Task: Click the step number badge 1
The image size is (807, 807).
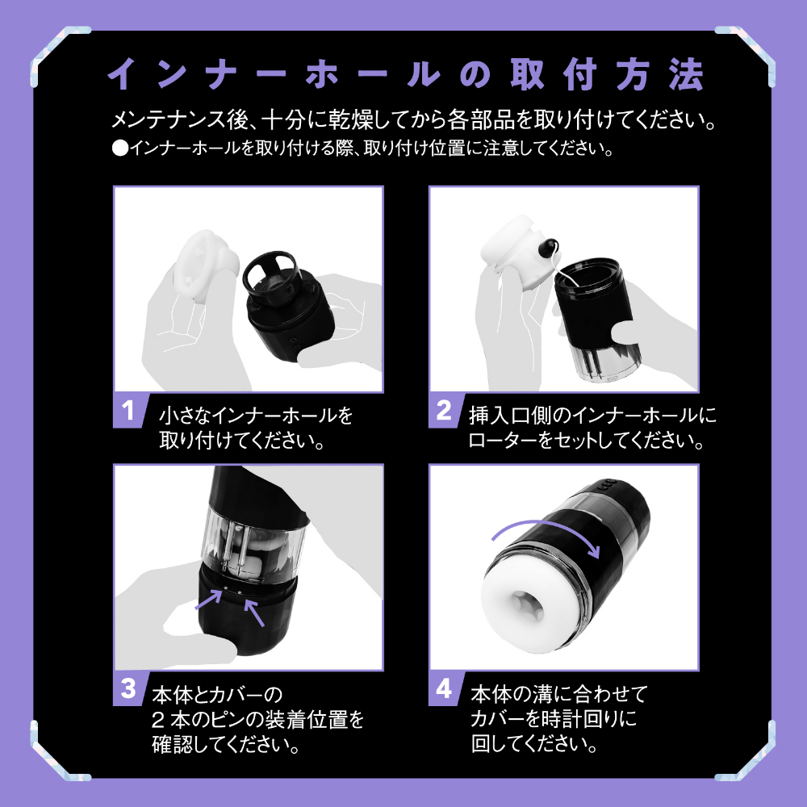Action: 127,410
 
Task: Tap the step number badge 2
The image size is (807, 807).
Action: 443,410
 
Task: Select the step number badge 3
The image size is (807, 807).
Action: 127,688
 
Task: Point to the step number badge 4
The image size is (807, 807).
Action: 443,688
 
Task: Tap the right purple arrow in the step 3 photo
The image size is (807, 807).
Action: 257,612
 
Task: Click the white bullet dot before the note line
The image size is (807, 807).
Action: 119,149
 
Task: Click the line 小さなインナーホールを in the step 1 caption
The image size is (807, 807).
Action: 256,416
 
